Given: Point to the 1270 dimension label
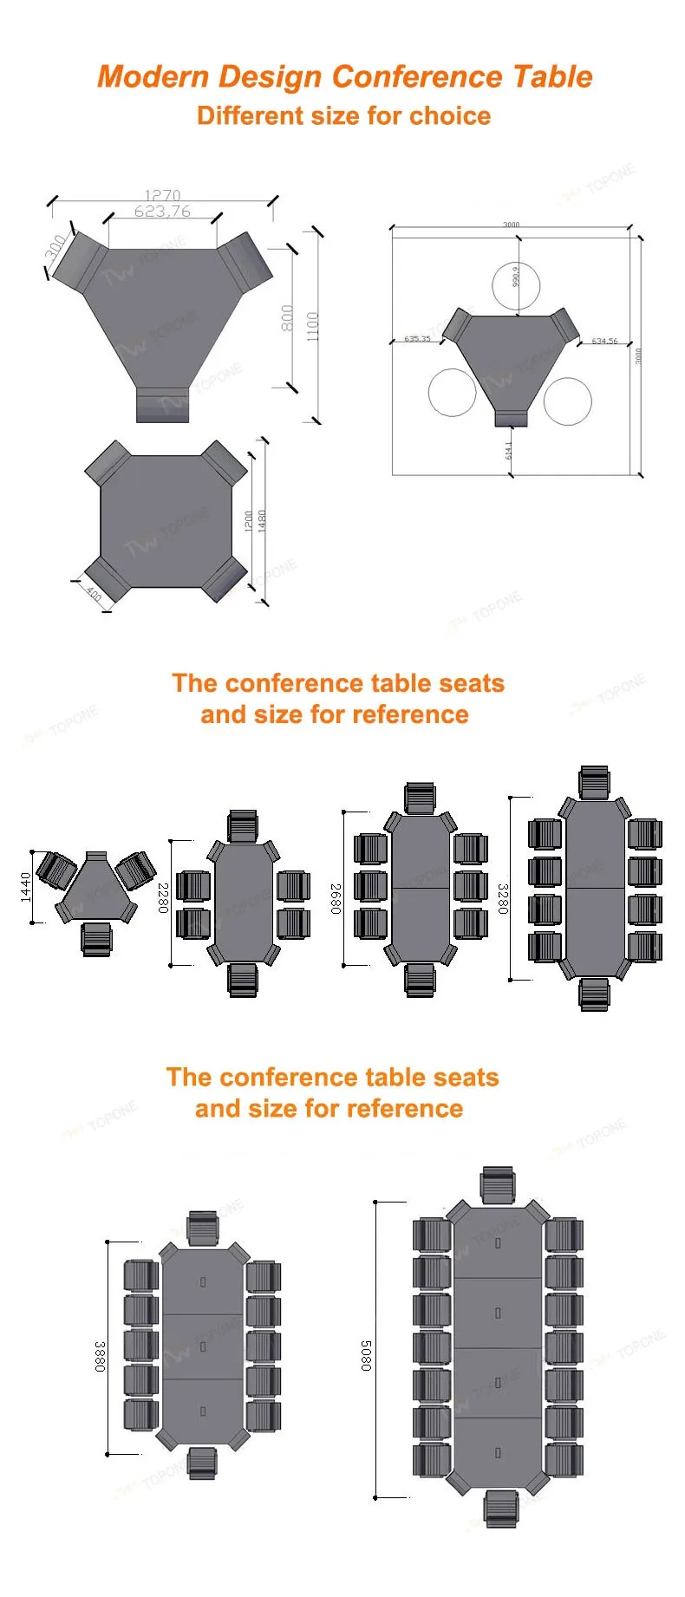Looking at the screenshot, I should coord(162,195).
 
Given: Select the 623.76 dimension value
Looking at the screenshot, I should coord(162,211).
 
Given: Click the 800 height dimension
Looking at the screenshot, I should coord(287,318).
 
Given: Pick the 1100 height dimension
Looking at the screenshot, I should coord(312,327).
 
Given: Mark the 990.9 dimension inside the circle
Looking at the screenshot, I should coord(515,276).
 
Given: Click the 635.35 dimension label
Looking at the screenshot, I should coord(416,339).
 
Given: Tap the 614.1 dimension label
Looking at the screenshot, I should coord(509,451).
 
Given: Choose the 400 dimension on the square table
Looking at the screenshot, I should coord(94,594).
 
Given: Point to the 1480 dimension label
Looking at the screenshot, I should coord(262,520).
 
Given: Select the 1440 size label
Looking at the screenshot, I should coord(26,887).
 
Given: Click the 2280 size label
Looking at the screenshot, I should coord(162,897).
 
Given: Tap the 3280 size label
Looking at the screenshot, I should coord(502,898).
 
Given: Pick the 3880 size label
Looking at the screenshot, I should coord(100,1356).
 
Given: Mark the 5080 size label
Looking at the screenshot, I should coord(366,1356).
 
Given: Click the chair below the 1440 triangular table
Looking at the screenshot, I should coord(96,939).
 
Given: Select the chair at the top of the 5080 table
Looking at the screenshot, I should coord(498,1185).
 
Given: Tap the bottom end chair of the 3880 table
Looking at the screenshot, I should coord(202,1463).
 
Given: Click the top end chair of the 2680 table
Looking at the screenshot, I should coord(420,798).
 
